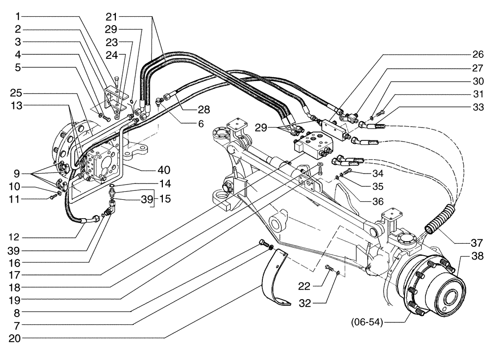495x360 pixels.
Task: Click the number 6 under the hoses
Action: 200,125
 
